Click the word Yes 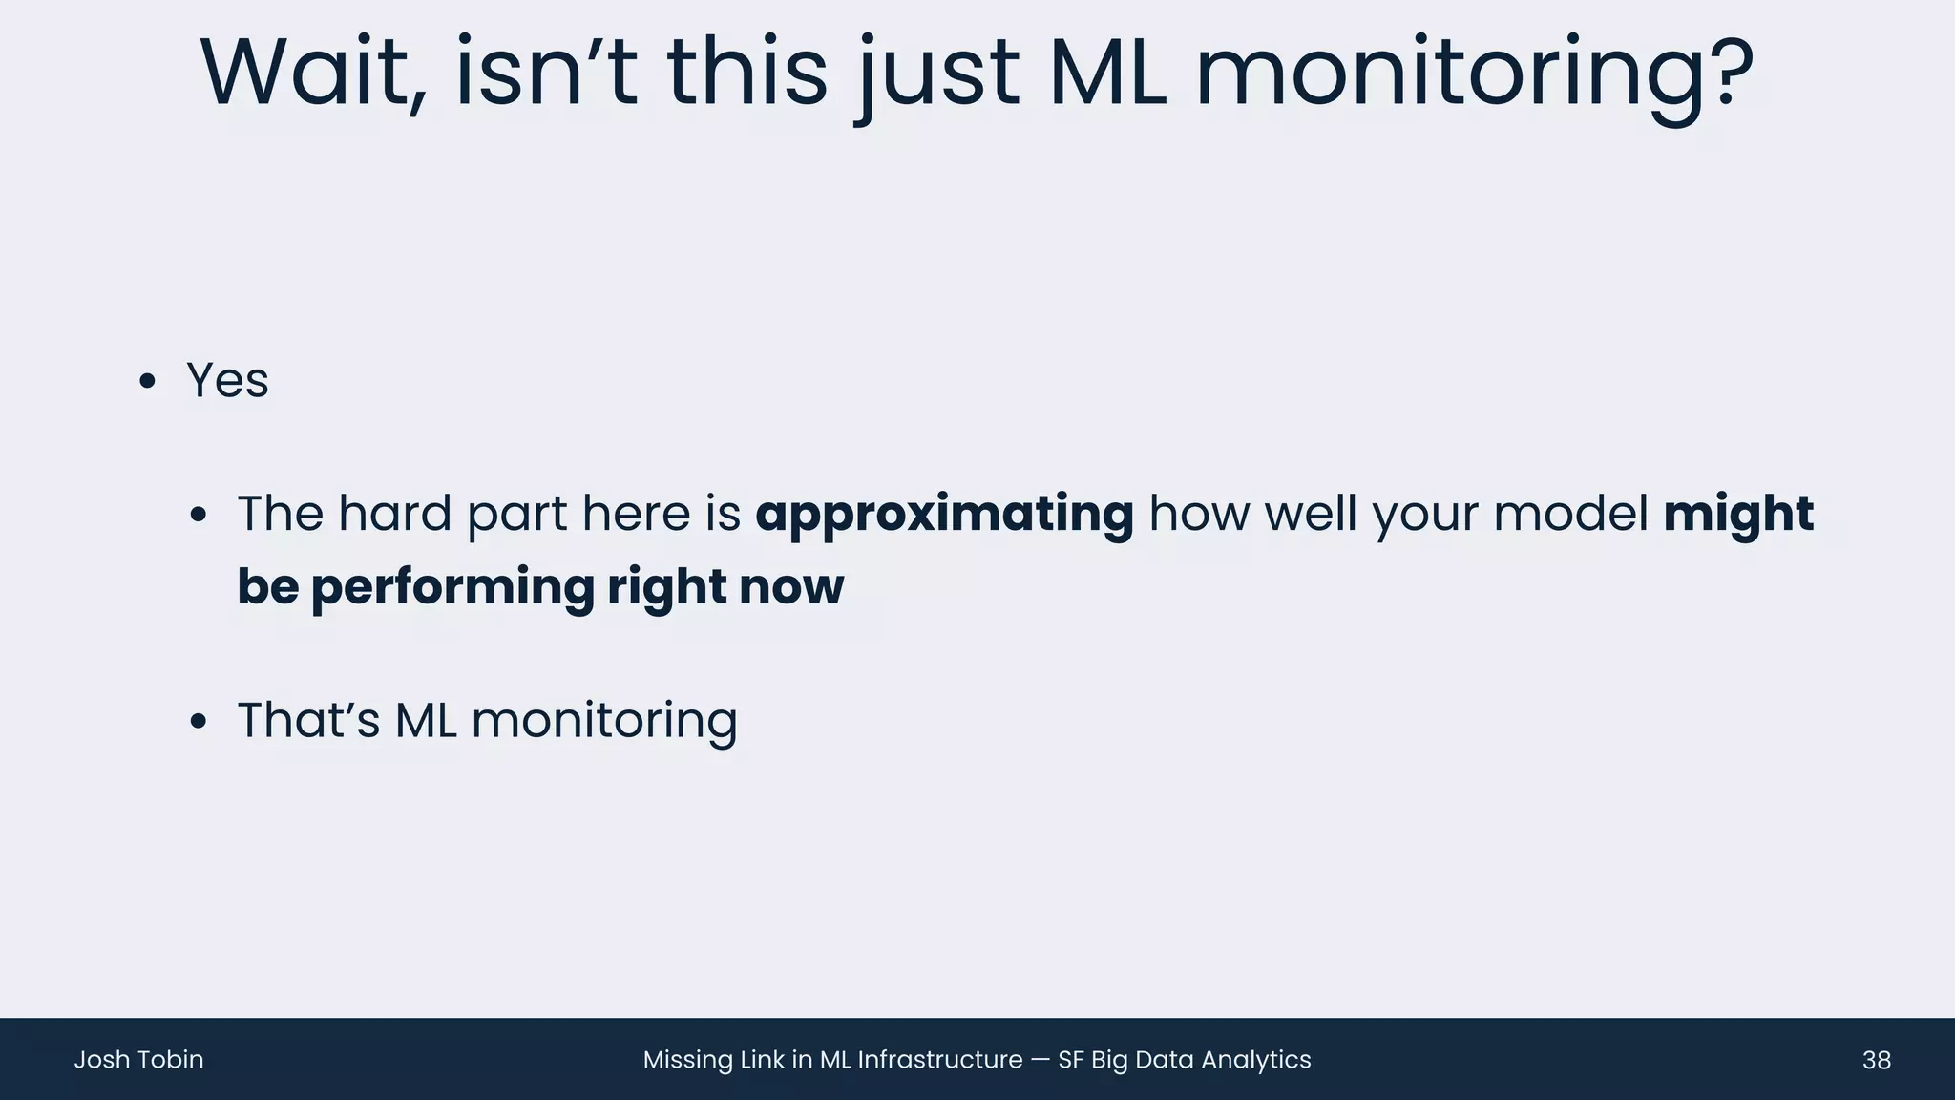click(227, 381)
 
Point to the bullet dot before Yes click(147, 382)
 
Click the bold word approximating click(944, 515)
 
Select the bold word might click(1737, 515)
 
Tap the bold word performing click(452, 587)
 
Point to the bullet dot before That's click(198, 721)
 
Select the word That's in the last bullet click(308, 720)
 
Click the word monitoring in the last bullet click(604, 722)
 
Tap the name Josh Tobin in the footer click(138, 1060)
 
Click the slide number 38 click(1876, 1060)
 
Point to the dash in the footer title click(1041, 1061)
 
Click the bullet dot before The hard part click(198, 516)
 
